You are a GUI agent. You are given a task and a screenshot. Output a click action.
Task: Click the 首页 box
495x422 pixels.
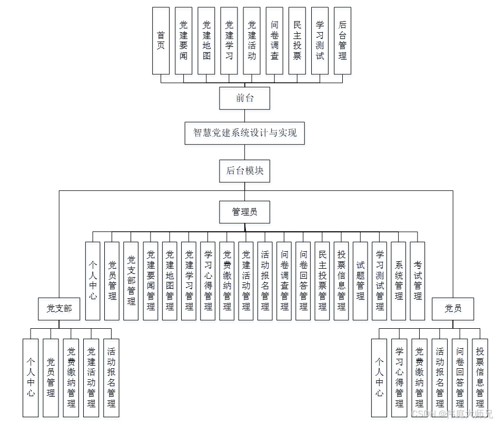(x=161, y=41)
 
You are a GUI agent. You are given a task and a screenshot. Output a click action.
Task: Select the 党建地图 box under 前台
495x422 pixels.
(x=206, y=41)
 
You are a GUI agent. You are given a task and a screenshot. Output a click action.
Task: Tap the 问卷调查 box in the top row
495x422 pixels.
(x=274, y=41)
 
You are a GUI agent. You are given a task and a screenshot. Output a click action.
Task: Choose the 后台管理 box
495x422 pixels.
(x=342, y=41)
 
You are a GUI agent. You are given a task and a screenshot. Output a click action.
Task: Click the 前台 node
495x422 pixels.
(x=245, y=99)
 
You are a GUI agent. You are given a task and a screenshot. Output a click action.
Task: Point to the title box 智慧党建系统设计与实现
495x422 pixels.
(x=245, y=133)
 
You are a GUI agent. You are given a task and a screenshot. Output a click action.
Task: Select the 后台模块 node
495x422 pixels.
(x=245, y=171)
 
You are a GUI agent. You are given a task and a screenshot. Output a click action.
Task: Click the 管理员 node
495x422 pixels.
(x=245, y=212)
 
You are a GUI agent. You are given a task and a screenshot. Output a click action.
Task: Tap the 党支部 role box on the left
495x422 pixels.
(x=59, y=309)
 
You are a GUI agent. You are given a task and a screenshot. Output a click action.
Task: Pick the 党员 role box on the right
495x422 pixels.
(x=453, y=309)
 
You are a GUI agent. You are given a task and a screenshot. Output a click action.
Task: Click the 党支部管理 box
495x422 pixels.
(x=131, y=281)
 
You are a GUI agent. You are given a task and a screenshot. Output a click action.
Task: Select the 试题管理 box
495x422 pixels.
(x=360, y=281)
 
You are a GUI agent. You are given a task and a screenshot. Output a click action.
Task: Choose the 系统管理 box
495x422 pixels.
(x=399, y=281)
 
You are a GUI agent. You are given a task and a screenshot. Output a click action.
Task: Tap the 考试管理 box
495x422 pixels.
(x=418, y=281)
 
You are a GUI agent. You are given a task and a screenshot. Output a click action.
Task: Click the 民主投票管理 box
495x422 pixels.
(x=322, y=281)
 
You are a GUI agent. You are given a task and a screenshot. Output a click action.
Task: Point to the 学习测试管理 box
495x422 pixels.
(x=380, y=281)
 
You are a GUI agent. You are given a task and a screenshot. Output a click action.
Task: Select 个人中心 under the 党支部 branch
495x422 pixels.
(x=31, y=377)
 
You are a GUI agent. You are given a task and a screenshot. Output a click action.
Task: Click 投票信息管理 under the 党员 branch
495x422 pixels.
(x=480, y=377)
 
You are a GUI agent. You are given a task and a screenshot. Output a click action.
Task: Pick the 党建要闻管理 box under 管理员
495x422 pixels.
(x=151, y=281)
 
